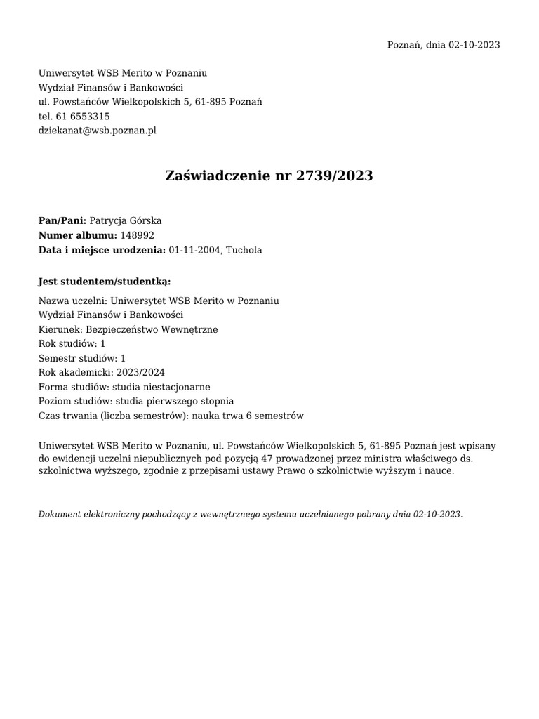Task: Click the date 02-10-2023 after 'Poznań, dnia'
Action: coord(474,45)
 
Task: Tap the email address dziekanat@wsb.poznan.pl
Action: coord(98,131)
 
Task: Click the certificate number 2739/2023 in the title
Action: coord(335,176)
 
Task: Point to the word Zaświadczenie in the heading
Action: coord(217,176)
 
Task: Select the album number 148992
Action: coord(138,235)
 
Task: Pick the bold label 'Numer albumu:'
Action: coord(78,235)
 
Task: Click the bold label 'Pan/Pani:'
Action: coord(62,220)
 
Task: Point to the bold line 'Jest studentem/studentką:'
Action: coord(105,282)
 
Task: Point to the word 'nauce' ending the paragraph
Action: coord(440,471)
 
